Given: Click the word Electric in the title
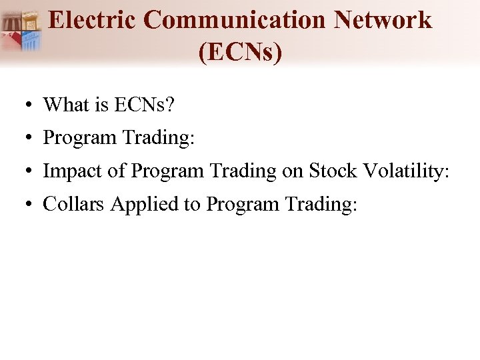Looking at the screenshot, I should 93,20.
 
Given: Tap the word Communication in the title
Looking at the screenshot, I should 237,20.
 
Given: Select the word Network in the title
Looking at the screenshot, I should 383,20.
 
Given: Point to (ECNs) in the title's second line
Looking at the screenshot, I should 240,52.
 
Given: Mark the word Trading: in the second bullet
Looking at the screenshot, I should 157,138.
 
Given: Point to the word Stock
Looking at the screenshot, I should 334,171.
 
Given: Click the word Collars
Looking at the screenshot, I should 74,204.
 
